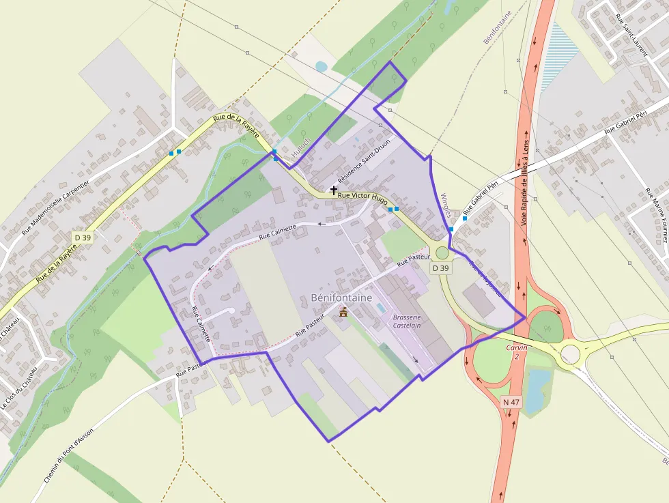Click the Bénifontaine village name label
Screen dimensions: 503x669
pos(341,298)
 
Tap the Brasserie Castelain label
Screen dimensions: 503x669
pos(407,321)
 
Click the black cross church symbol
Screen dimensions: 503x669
pos(334,190)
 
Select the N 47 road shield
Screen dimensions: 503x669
pos(511,403)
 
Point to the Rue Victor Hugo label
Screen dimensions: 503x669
pos(363,195)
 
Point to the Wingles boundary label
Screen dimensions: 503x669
pos(447,203)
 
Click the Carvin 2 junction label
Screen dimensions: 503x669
pos(517,351)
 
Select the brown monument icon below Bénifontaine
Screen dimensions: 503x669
pos(343,313)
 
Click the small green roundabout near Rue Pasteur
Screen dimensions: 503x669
pos(442,253)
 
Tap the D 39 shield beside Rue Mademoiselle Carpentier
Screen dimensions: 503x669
pos(83,237)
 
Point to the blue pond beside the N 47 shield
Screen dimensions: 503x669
pos(537,388)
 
